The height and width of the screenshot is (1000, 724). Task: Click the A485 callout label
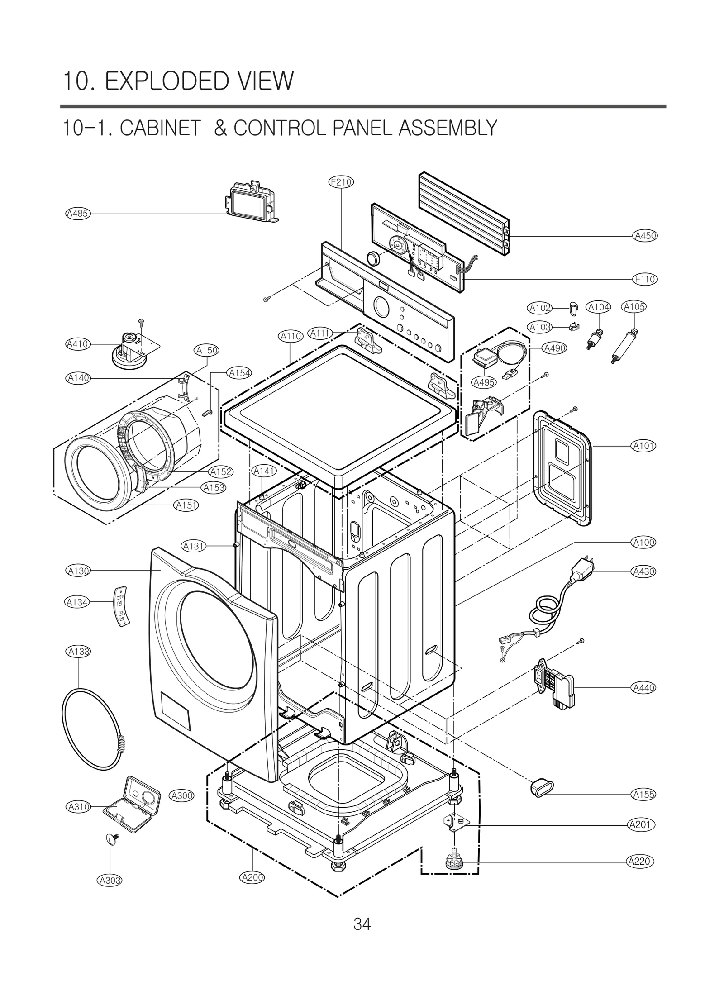pos(78,214)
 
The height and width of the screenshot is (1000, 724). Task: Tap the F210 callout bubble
pos(340,182)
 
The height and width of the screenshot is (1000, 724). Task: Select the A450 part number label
pos(645,236)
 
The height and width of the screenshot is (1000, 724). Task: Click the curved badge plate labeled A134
pos(119,606)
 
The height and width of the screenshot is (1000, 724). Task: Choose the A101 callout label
pos(643,446)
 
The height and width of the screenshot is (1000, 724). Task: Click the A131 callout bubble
pos(194,546)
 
